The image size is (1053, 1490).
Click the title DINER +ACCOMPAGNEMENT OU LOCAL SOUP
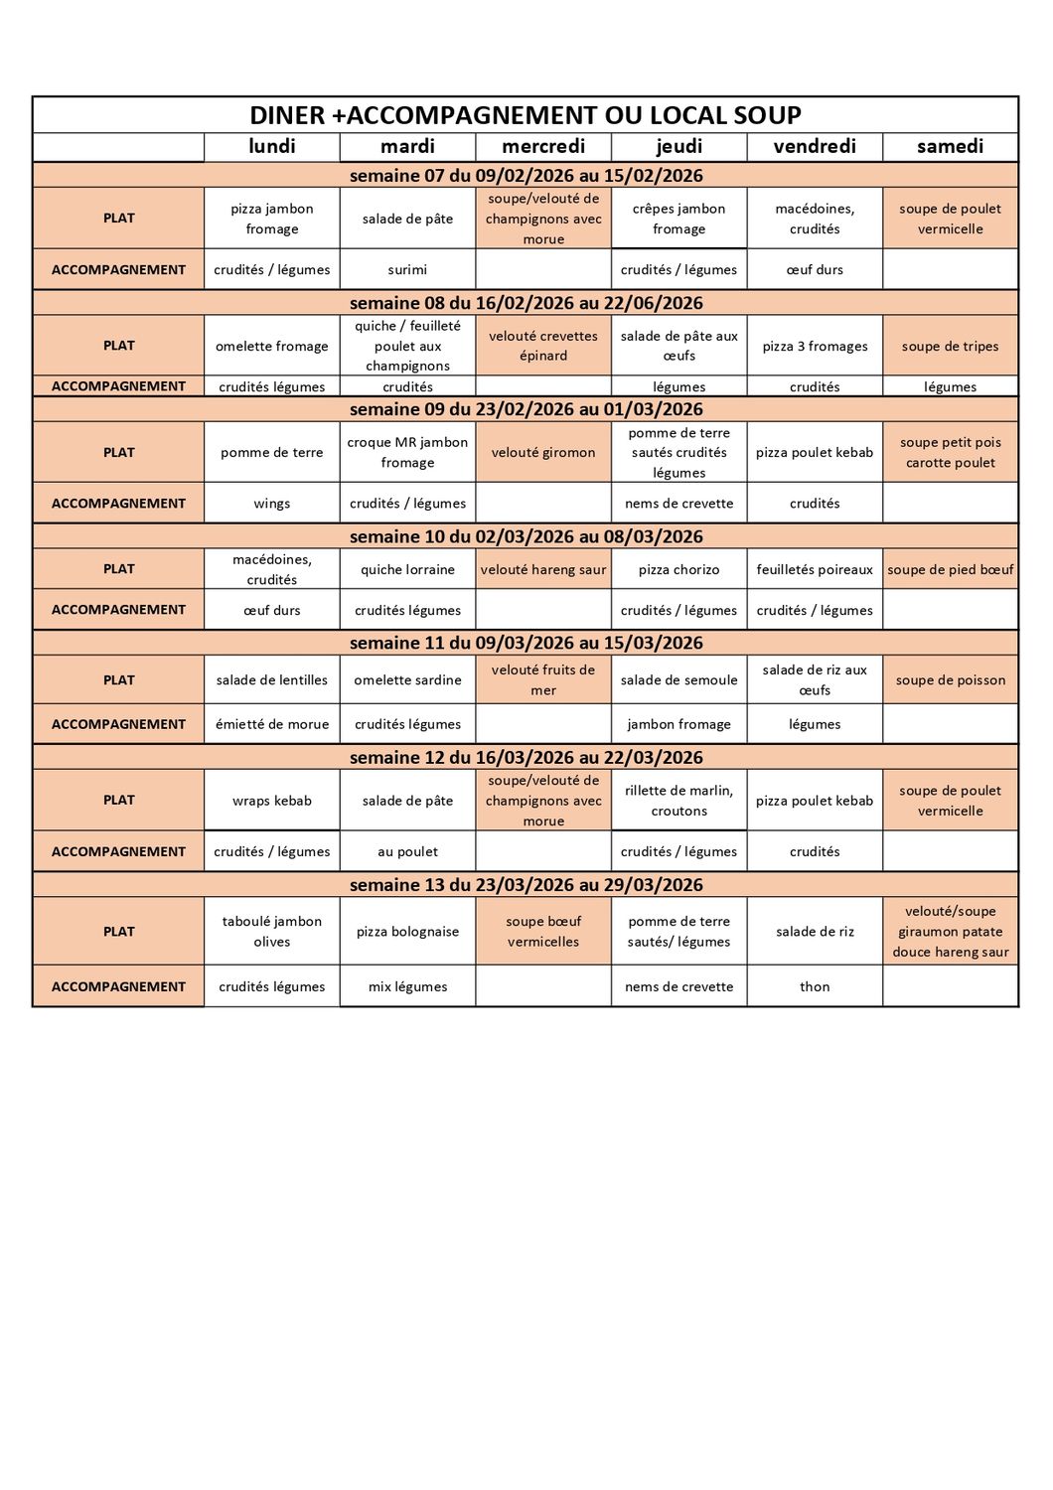526,115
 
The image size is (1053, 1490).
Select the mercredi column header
543,147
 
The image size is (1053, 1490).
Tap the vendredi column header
815,147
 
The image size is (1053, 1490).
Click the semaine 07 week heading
526,176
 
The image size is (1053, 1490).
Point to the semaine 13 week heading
526,885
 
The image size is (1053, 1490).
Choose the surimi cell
407,269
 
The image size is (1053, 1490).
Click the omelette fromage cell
271,347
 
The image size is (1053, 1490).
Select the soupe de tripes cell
950,347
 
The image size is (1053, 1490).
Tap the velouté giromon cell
543,453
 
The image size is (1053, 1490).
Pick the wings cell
271,504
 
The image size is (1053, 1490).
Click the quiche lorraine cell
407,570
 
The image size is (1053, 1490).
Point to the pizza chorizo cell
678,570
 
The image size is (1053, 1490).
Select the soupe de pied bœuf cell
950,570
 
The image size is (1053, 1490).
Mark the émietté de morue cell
271,724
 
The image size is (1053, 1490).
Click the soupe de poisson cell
950,680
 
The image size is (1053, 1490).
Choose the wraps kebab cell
271,801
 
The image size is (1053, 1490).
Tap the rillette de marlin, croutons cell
678,801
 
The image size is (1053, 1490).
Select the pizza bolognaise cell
407,932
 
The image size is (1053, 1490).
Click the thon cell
815,986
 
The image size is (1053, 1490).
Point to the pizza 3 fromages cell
815,347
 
